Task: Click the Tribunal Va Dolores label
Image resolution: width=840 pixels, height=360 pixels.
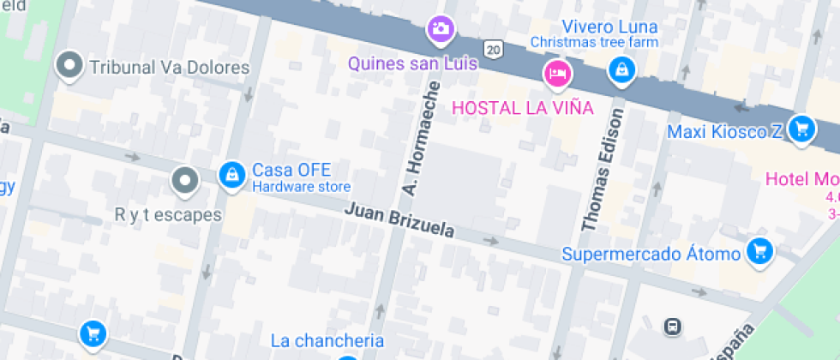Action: [169, 68]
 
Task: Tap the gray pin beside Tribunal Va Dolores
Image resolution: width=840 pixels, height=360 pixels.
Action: [69, 64]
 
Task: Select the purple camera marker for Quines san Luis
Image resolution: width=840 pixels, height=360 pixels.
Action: [441, 30]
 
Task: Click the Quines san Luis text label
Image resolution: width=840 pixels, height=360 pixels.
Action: [423, 64]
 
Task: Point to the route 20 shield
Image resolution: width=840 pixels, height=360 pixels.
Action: [492, 50]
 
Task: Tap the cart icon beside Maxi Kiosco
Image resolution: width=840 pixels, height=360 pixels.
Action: [801, 129]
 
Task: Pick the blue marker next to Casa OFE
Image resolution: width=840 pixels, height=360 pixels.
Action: [230, 175]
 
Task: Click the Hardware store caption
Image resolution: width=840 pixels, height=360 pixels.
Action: [301, 187]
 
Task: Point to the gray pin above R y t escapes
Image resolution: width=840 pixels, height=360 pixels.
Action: [184, 180]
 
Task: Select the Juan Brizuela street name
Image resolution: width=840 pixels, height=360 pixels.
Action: [399, 221]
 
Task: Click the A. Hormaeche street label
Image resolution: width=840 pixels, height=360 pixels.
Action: [420, 137]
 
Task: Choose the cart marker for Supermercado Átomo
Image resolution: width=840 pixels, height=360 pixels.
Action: [759, 251]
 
